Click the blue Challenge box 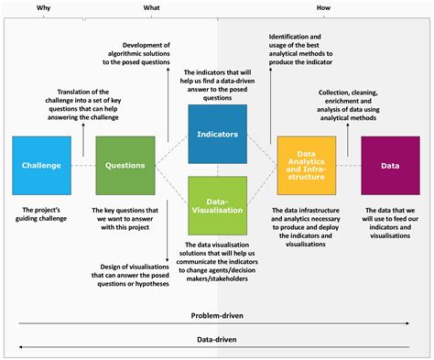coord(41,166)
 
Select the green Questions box coord(124,166)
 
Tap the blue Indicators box coord(217,134)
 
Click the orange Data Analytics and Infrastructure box coord(306,166)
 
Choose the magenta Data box coord(389,166)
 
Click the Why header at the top coord(42,8)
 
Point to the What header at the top coord(150,8)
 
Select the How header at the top coord(322,8)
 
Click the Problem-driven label coord(217,315)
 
